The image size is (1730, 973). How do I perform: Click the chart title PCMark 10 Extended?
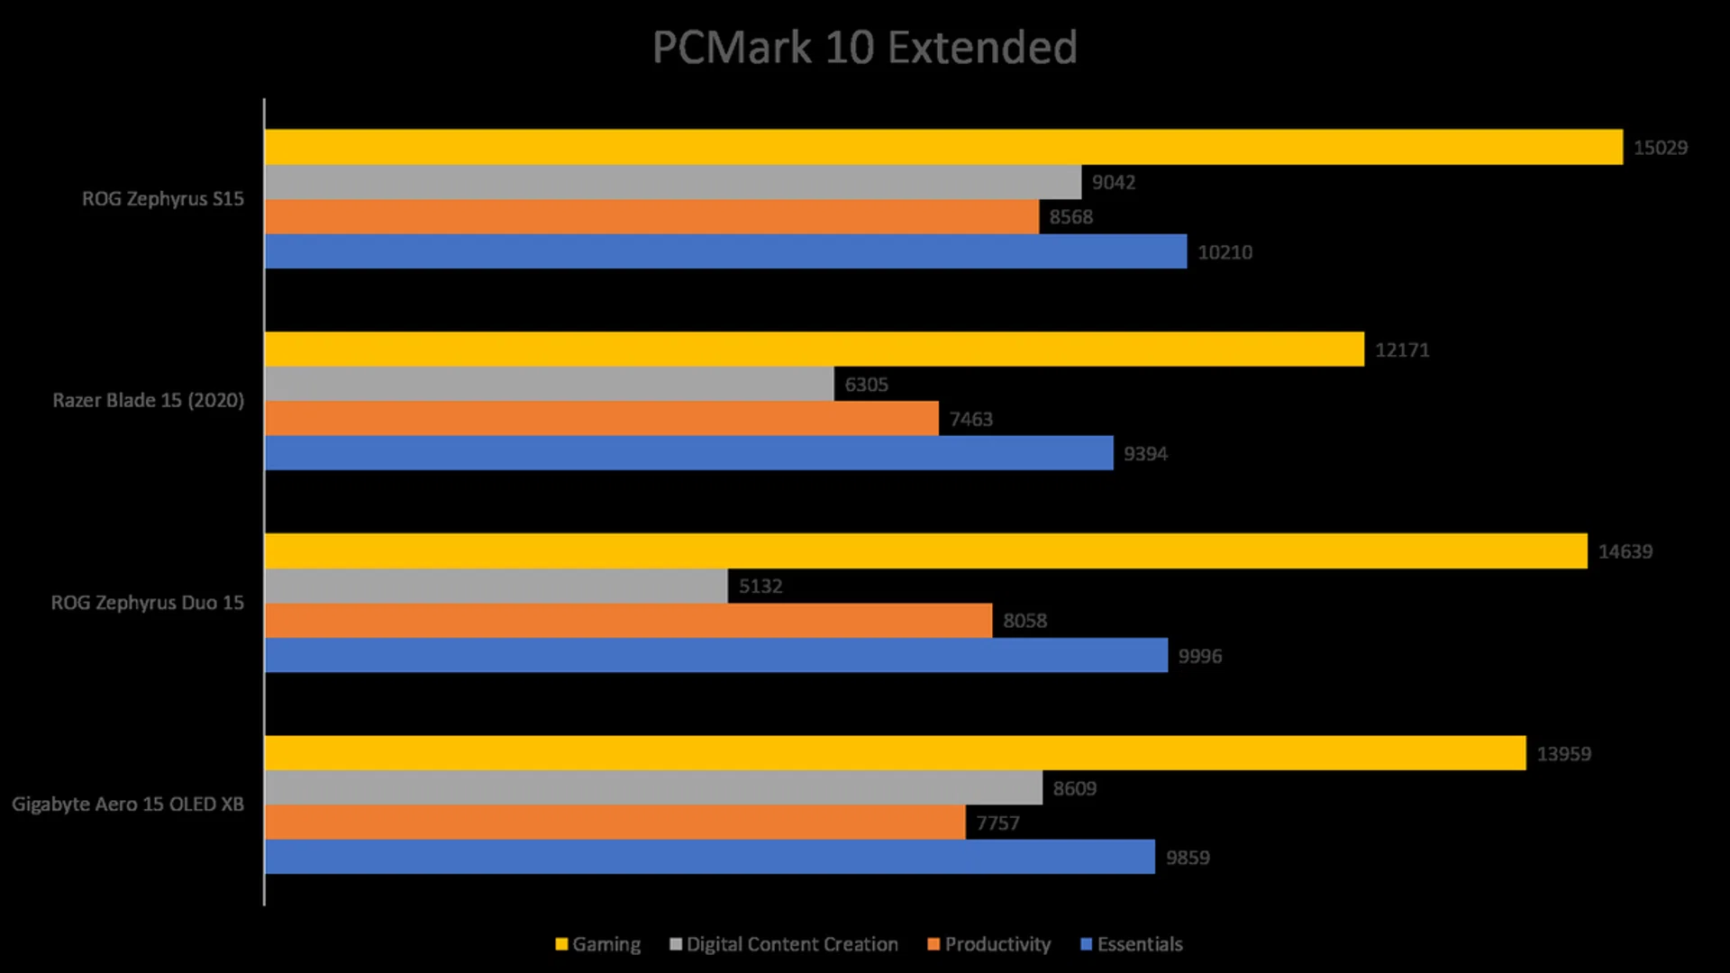(864, 48)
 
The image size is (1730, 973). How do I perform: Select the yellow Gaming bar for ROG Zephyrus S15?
(943, 147)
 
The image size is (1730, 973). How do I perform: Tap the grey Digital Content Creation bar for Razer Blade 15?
(550, 384)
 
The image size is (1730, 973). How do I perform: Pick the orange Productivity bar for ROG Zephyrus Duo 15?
(629, 621)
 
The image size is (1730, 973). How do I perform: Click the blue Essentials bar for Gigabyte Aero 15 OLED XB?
(710, 857)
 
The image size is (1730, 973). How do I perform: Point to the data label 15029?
(1660, 148)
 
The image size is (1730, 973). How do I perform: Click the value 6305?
(866, 385)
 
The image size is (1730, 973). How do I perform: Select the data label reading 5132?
(760, 587)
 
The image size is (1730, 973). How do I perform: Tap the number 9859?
(1188, 858)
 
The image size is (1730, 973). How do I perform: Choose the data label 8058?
(1024, 621)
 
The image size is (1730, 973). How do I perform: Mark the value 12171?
(1401, 350)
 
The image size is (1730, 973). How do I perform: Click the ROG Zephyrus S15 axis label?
(163, 199)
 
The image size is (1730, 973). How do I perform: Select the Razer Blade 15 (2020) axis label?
(149, 400)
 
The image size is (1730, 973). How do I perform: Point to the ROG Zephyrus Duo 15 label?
(148, 603)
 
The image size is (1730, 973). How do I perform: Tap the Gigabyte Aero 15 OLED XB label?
(128, 805)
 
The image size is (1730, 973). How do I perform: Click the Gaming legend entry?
(598, 944)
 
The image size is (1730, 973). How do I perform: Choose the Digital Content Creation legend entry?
(784, 944)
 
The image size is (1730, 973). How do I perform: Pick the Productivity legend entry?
(988, 944)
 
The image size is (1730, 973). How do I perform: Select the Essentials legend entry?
(1131, 944)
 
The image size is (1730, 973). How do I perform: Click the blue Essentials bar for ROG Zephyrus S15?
(725, 251)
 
